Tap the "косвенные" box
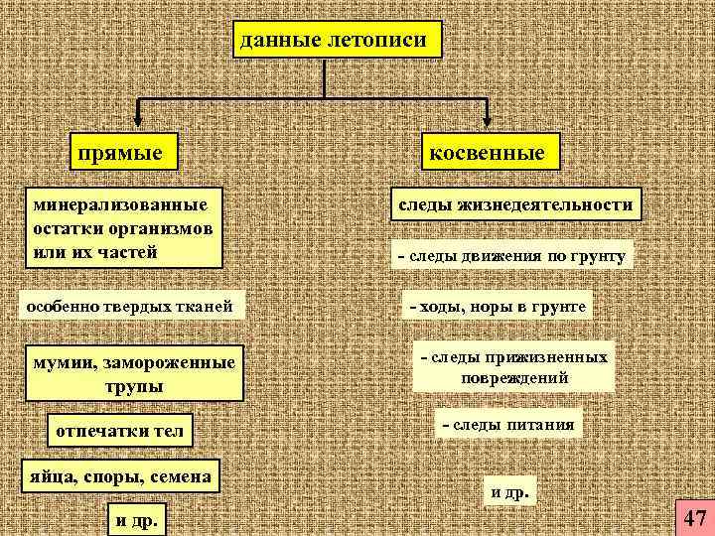coord(487,154)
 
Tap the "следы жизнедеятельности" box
coord(515,204)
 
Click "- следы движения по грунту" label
coord(511,257)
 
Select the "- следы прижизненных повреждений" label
coord(514,367)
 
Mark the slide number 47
coord(694,517)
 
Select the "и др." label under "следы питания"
coord(510,490)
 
